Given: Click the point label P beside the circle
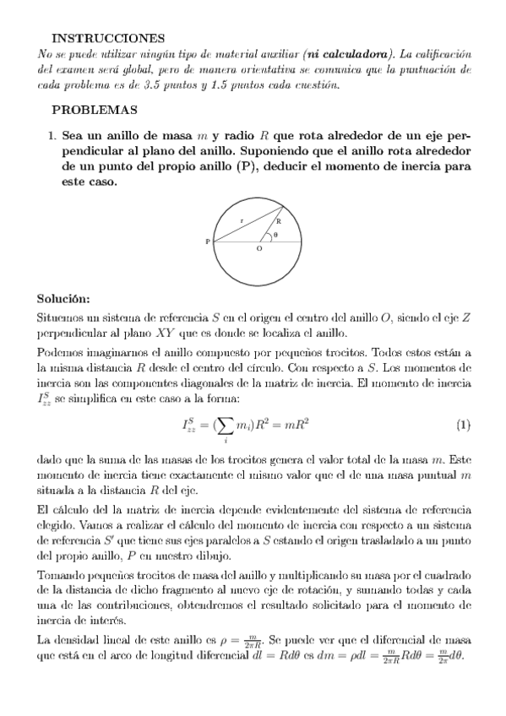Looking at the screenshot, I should [x=208, y=242].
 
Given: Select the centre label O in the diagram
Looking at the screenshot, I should [x=258, y=251].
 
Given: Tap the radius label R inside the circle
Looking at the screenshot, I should [x=278, y=220].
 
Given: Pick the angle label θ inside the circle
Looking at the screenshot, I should [x=275, y=234].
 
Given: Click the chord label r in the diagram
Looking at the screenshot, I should [x=242, y=220].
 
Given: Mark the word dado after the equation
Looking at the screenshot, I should [x=50, y=461].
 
